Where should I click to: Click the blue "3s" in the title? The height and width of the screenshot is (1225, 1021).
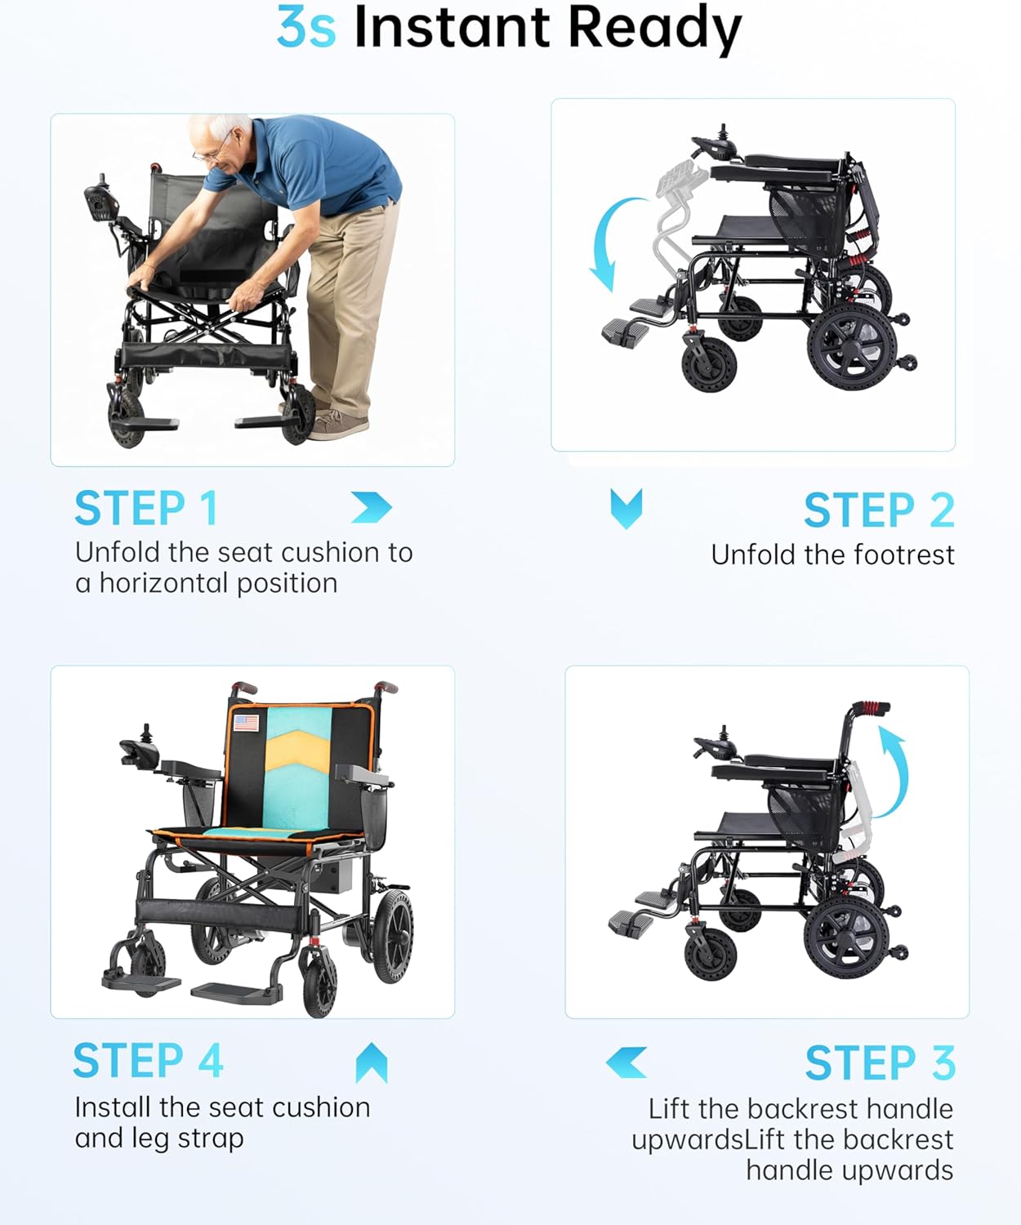(306, 28)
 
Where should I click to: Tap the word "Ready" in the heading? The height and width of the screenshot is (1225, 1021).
(655, 30)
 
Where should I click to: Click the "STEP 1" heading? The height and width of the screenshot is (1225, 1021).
(147, 508)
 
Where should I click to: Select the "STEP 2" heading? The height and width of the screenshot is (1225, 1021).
(879, 510)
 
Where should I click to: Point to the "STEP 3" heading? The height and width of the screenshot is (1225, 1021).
(881, 1062)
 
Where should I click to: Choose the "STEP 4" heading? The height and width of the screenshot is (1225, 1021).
(149, 1060)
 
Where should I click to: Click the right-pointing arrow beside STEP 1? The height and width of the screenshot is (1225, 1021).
(372, 507)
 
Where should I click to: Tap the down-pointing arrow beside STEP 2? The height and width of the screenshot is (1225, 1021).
(626, 509)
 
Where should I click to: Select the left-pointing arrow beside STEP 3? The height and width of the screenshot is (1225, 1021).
(626, 1062)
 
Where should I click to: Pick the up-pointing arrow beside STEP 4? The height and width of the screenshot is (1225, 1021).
(372, 1062)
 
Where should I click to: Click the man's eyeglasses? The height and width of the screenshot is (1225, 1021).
(213, 149)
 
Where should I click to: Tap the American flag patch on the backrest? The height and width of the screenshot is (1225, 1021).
(247, 723)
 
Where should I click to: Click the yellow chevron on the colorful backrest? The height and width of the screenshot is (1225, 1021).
(298, 751)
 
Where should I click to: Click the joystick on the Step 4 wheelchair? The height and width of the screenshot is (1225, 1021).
(146, 733)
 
